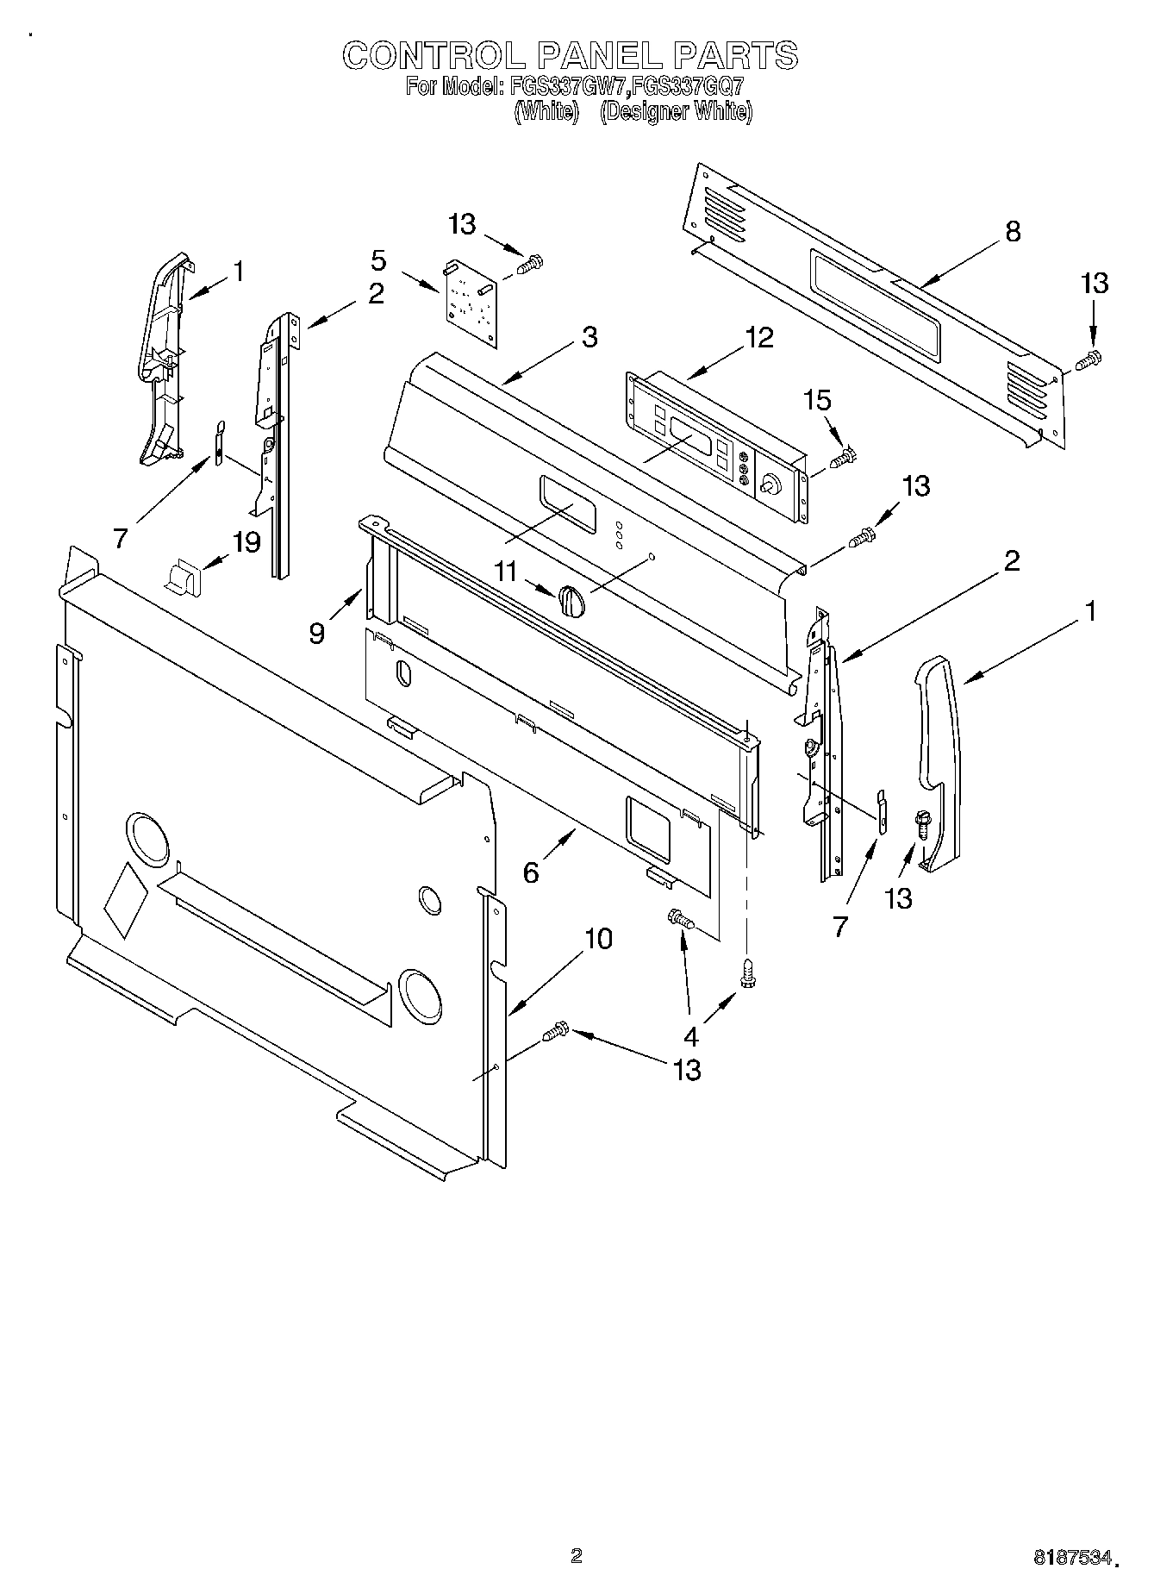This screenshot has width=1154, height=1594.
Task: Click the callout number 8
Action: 1013,231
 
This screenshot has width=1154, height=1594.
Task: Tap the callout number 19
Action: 246,542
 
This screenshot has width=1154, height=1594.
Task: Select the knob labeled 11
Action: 571,598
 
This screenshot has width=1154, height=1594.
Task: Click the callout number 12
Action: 759,337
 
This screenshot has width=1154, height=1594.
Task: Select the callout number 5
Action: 378,259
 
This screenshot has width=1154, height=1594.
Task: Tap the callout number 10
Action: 598,938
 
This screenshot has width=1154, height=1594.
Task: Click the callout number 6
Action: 531,872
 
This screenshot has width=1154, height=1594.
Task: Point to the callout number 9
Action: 318,634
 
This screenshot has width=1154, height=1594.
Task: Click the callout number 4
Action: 690,1035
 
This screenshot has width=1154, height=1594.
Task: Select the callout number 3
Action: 589,337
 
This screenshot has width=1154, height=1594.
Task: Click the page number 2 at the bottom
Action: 577,1556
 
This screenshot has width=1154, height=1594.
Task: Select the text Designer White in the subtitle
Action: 676,112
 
